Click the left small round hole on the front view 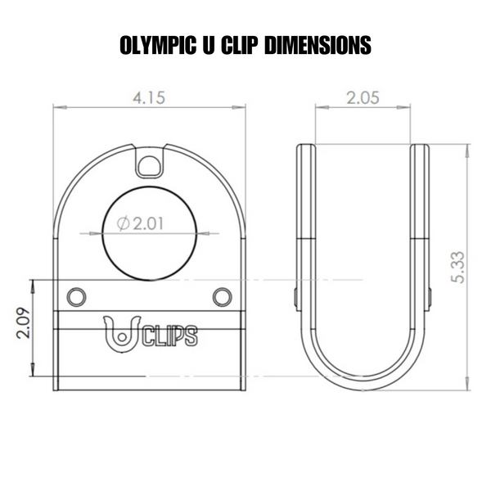point(76,295)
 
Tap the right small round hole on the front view point(221,295)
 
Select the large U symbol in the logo point(122,336)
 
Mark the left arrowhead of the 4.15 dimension point(57,106)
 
